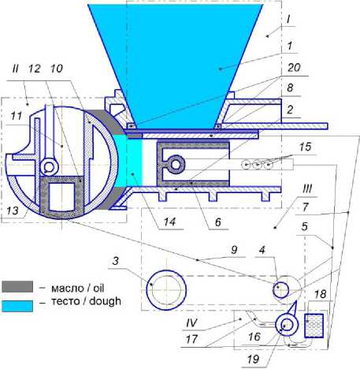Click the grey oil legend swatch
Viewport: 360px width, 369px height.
point(17,287)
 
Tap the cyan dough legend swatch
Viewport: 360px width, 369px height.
point(17,306)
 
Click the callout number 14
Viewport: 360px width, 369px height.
point(169,222)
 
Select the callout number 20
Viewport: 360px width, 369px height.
point(294,68)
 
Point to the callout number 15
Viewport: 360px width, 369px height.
point(306,147)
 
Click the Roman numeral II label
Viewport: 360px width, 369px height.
point(16,69)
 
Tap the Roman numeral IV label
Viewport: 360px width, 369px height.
point(191,322)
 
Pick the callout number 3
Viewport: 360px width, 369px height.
point(116,261)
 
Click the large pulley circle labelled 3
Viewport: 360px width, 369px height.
point(166,289)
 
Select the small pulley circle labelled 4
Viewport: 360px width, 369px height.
point(280,290)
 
